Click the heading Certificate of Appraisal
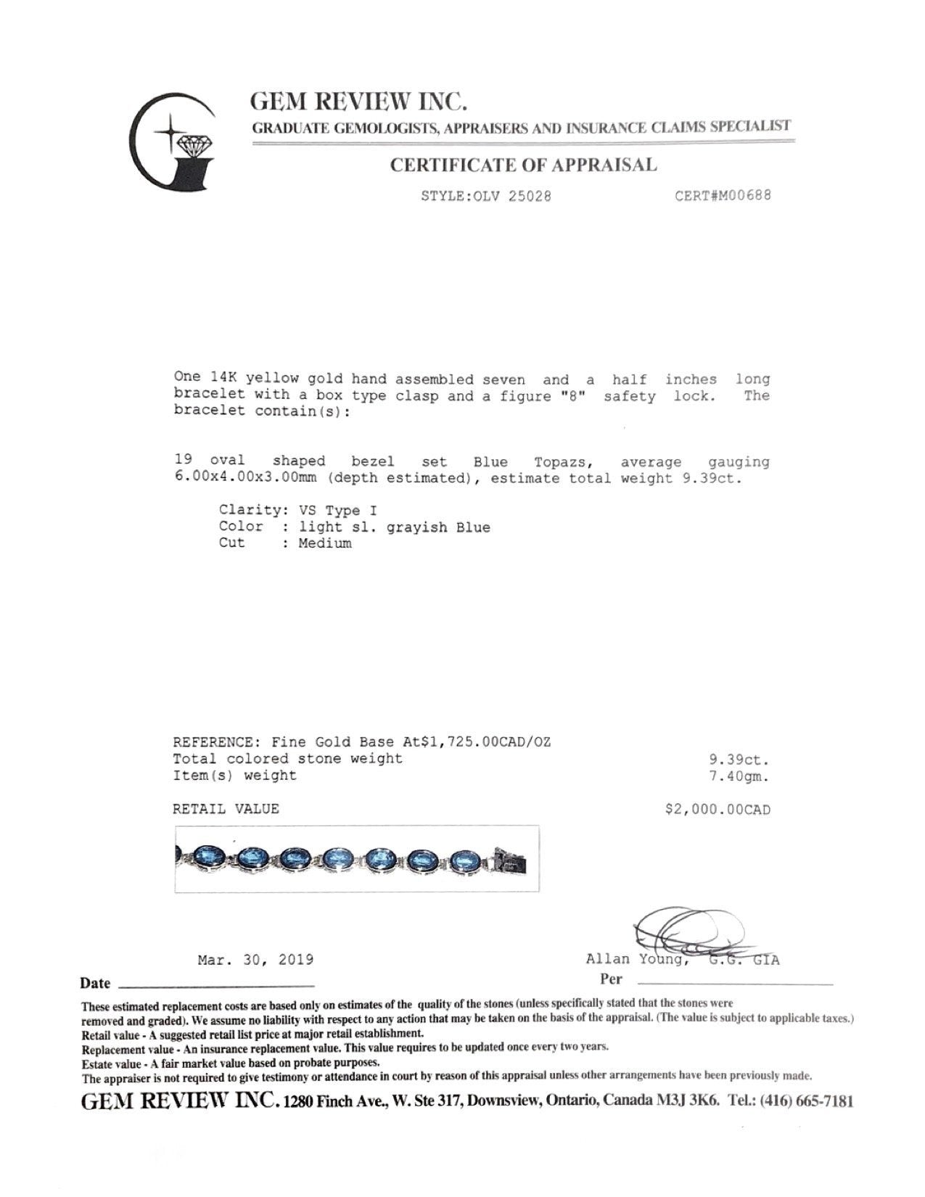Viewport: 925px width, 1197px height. pos(523,165)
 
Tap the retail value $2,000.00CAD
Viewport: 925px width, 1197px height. pos(718,809)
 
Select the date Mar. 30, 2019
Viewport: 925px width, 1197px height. pos(255,960)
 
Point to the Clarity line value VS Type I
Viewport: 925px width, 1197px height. pos(337,510)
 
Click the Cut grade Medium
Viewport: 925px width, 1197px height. pos(324,543)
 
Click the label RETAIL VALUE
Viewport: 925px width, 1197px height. pos(226,809)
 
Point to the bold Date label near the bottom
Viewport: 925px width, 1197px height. pos(95,984)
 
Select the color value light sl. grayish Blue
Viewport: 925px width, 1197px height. pos(394,527)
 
